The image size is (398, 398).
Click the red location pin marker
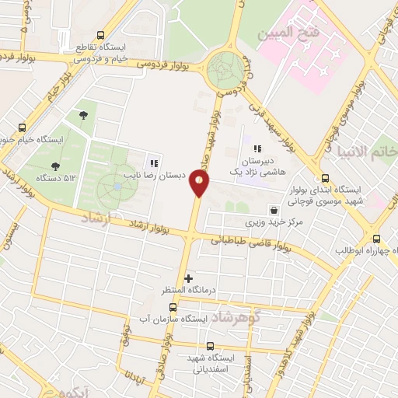point(200,183)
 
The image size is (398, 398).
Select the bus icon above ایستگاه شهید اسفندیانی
point(210,345)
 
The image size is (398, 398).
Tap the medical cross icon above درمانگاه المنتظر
point(188,278)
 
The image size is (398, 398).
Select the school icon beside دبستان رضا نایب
point(154,164)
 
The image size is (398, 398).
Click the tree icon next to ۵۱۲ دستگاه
point(55,166)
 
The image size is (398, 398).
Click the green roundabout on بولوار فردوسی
point(227,71)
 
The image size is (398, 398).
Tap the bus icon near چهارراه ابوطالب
point(377,239)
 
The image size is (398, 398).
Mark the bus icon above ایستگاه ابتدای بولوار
point(324,176)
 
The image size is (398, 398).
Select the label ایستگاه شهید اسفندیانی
point(209,364)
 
